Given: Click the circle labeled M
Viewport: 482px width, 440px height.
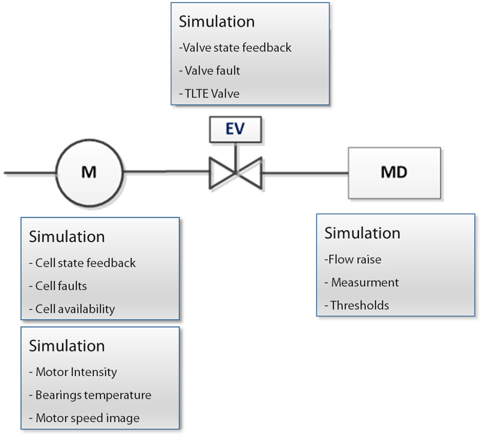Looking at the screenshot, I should pyautogui.click(x=89, y=173).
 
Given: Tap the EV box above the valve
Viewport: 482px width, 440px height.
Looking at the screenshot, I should pyautogui.click(x=235, y=129).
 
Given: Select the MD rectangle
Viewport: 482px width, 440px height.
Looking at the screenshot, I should pyautogui.click(x=394, y=173).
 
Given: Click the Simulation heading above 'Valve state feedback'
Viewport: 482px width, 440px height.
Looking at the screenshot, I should pyautogui.click(x=216, y=22).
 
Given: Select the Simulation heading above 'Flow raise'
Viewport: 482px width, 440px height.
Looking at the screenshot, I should pyautogui.click(x=362, y=233).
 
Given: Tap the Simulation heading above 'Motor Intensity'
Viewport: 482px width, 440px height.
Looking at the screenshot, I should pyautogui.click(x=67, y=345).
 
